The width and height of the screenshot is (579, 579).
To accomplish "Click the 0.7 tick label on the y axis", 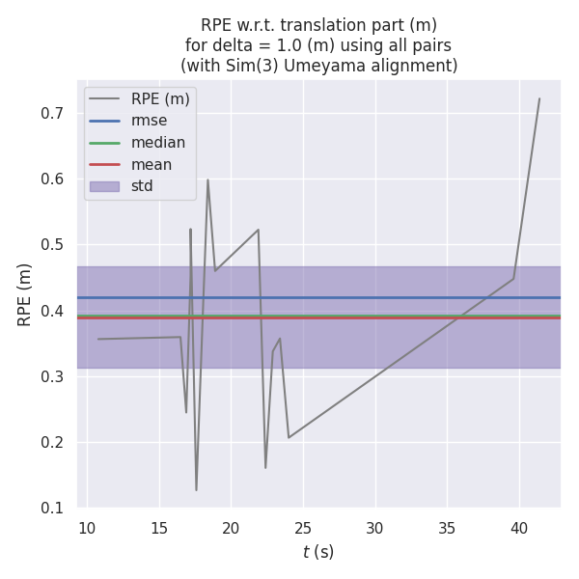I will coord(53,113).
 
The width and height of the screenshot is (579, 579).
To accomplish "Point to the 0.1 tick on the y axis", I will coord(53,509).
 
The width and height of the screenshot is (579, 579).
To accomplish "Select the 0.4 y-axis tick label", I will coord(53,311).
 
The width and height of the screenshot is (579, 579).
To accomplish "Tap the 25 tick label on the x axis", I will coord(303,528).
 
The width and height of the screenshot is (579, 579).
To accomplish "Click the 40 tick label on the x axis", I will coord(519,528).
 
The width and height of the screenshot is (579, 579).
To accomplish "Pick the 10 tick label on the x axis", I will coord(87,528).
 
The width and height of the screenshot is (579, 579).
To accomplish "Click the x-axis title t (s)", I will coord(317,552).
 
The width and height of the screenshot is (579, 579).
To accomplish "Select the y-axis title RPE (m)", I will coord(25,294).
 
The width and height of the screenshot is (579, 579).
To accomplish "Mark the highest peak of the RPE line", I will coord(539,98).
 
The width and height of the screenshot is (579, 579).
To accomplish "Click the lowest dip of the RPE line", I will coord(196,490).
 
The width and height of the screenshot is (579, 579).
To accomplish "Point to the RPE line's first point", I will coord(98,339).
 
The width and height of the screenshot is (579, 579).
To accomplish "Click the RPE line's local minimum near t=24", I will coord(289,437).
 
